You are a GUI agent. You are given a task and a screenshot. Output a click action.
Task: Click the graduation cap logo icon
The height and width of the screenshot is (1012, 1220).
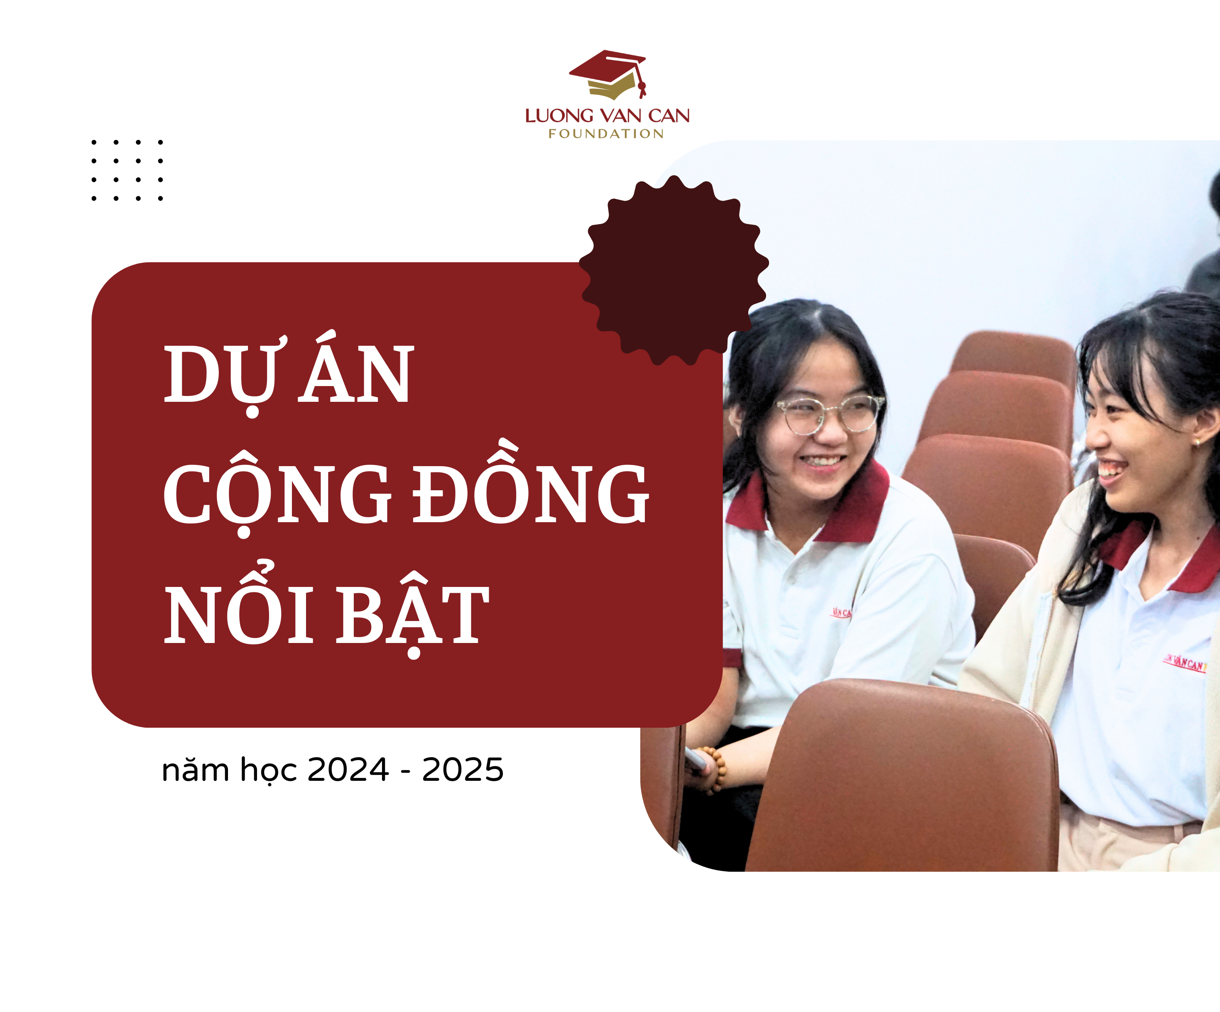(608, 74)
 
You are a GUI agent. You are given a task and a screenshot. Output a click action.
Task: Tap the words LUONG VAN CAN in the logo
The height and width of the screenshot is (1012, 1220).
(607, 115)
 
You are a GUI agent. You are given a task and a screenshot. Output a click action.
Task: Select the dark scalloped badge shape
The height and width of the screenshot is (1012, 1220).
(674, 270)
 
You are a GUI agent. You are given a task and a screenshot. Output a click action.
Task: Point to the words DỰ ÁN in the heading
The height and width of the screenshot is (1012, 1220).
(289, 373)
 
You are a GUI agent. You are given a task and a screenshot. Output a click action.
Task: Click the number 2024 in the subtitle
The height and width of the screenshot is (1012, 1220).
(348, 770)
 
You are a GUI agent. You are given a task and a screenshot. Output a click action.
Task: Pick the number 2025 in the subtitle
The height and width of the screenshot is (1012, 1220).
(463, 770)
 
